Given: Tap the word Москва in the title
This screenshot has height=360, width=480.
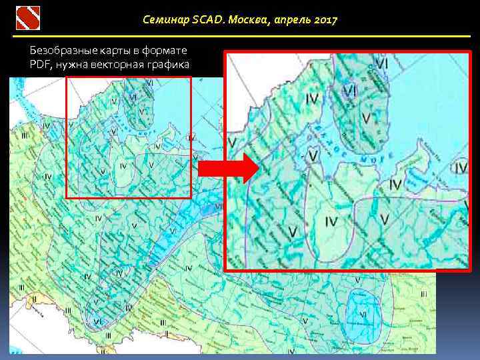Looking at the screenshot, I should coord(246,20).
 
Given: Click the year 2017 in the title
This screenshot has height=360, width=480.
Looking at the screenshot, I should coord(325,20).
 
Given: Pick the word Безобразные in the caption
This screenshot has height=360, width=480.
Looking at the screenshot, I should coord(63,51).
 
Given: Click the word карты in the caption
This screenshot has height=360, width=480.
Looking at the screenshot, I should coord(116,51).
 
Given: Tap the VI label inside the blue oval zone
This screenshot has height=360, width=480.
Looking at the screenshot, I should coord(363,313).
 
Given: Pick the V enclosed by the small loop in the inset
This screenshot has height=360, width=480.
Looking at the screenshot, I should coord(313,155).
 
